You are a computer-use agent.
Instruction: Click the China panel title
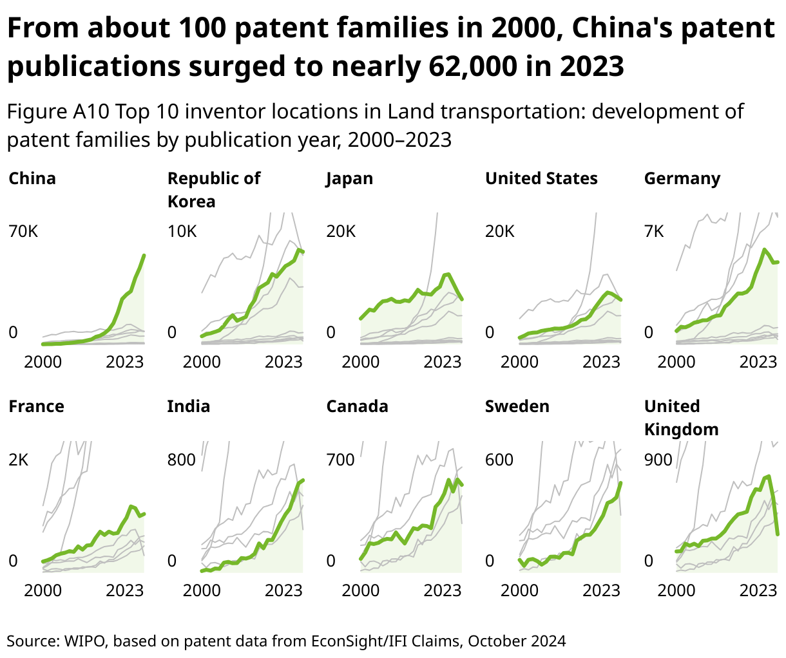[32, 178]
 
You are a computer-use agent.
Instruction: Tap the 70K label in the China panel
[23, 231]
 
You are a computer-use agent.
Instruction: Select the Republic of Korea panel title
[213, 189]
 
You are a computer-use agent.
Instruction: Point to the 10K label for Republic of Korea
[182, 231]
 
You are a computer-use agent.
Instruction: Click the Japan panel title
[349, 178]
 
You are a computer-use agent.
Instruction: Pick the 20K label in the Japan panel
[341, 231]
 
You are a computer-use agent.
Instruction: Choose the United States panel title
[541, 178]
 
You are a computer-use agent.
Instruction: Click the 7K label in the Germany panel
[654, 231]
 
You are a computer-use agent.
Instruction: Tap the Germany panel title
[682, 178]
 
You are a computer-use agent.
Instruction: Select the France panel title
[36, 406]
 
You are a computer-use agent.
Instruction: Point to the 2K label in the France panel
[19, 460]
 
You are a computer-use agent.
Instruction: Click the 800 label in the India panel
[181, 460]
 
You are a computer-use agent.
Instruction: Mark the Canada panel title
[357, 406]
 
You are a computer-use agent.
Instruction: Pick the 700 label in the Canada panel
[340, 460]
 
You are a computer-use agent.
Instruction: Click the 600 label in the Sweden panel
[499, 460]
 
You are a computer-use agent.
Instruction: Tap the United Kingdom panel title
[681, 417]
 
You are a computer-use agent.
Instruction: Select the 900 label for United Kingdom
[658, 460]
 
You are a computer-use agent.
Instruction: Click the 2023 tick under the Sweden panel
[601, 590]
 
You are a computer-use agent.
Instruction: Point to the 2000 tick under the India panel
[202, 590]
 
